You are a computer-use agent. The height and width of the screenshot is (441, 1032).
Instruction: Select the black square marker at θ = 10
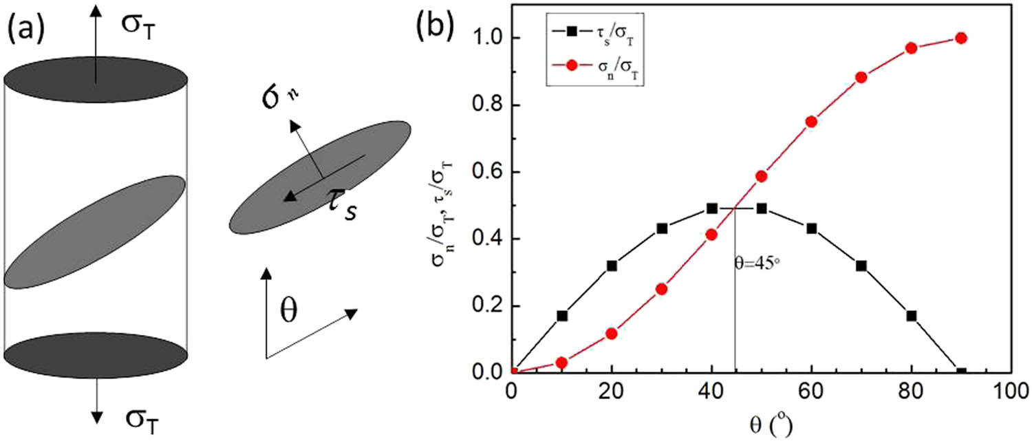pos(562,316)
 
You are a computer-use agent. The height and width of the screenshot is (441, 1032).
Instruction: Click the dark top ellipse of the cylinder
pos(96,80)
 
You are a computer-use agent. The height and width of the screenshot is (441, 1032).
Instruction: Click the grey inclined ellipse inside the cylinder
pos(95,232)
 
